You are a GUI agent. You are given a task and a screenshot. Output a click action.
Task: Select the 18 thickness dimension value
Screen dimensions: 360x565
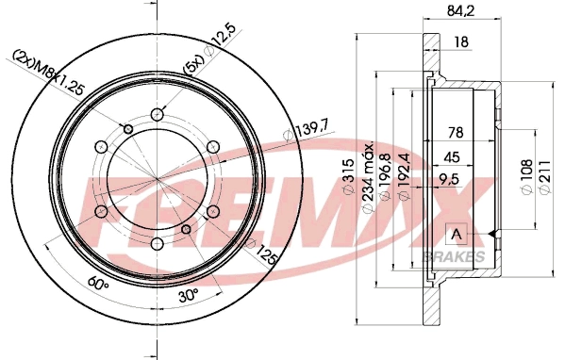coord(461,42)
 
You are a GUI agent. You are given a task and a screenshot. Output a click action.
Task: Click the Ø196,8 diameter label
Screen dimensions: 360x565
coord(387,179)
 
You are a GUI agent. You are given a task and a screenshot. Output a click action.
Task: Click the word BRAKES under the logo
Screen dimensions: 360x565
coord(458,256)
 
